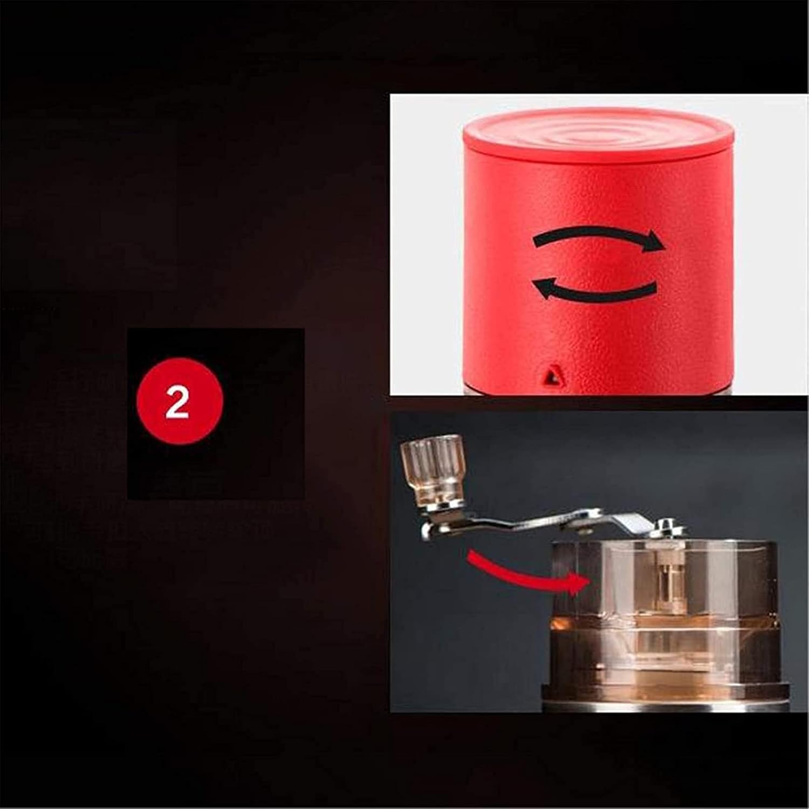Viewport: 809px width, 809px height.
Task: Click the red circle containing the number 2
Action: [179, 401]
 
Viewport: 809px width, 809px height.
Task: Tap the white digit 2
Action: [177, 402]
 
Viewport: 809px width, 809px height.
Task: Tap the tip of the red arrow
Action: [587, 582]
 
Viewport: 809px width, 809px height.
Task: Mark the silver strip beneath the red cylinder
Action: [593, 392]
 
